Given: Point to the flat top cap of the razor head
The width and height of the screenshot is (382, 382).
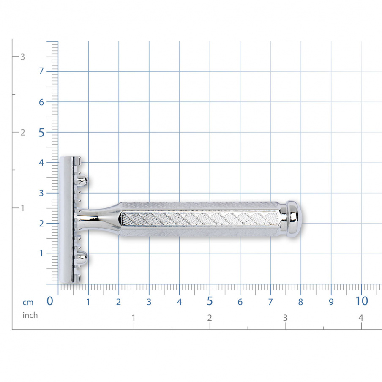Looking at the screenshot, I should tap(66, 219).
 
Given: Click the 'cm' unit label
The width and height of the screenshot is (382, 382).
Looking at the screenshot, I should tap(28, 302).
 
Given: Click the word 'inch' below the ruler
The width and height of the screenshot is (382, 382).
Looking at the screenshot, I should tap(30, 315).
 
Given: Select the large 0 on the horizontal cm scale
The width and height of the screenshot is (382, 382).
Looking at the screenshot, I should tap(50, 301).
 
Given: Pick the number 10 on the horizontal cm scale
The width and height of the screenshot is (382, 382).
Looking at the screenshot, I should tap(362, 301).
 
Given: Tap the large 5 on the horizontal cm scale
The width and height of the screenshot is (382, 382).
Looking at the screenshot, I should tap(210, 301).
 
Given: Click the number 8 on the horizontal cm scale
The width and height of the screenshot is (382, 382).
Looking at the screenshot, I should tap(301, 302).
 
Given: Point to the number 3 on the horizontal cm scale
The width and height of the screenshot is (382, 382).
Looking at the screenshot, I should tap(149, 302).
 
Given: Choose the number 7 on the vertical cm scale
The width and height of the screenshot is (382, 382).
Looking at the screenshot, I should tap(41, 71).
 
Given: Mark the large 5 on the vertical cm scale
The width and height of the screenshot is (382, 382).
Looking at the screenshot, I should tap(41, 133).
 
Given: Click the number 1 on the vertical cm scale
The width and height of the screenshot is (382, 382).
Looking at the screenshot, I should tap(41, 254).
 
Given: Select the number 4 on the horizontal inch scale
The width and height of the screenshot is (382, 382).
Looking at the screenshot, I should tap(361, 318).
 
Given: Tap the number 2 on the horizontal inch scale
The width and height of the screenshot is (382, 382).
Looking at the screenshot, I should tap(210, 318).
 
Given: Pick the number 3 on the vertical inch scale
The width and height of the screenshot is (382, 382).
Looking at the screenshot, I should tap(23, 57).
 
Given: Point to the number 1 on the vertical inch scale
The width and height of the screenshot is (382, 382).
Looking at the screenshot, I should tap(23, 208).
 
